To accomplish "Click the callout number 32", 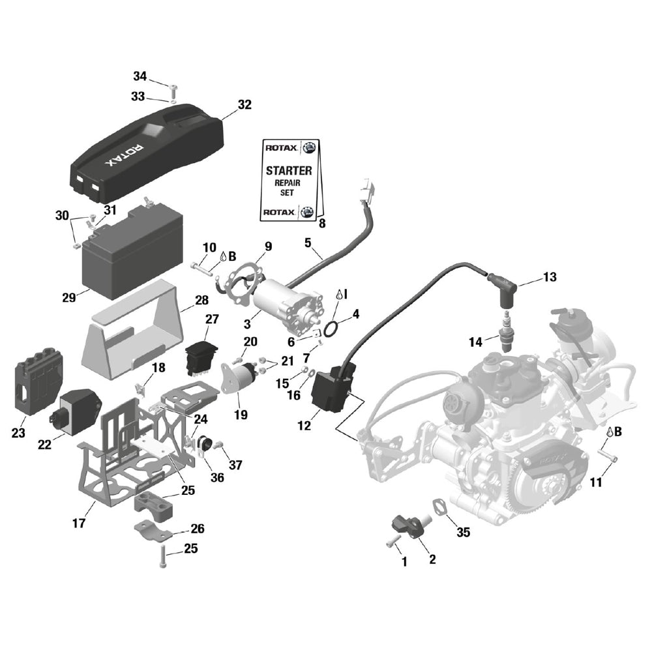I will pyautogui.click(x=244, y=104).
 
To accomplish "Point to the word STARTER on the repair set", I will pyautogui.click(x=288, y=171).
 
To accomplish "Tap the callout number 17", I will pyautogui.click(x=79, y=523).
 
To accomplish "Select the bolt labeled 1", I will pyautogui.click(x=392, y=541).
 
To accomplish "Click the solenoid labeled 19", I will pyautogui.click(x=239, y=379).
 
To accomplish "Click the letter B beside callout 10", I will pyautogui.click(x=231, y=257).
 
